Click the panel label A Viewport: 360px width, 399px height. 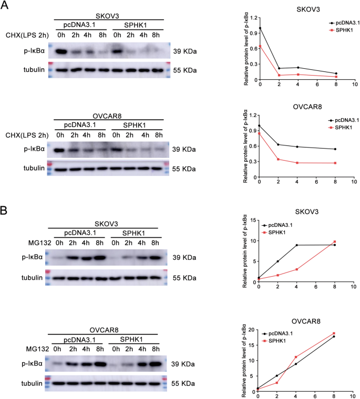5,6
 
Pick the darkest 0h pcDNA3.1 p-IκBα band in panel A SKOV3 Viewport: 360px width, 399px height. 61,52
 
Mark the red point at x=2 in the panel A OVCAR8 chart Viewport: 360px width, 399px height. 279,159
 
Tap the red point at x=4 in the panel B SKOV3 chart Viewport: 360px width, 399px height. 297,269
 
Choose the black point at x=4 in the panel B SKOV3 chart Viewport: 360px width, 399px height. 297,245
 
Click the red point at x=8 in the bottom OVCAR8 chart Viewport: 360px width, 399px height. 333,333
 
